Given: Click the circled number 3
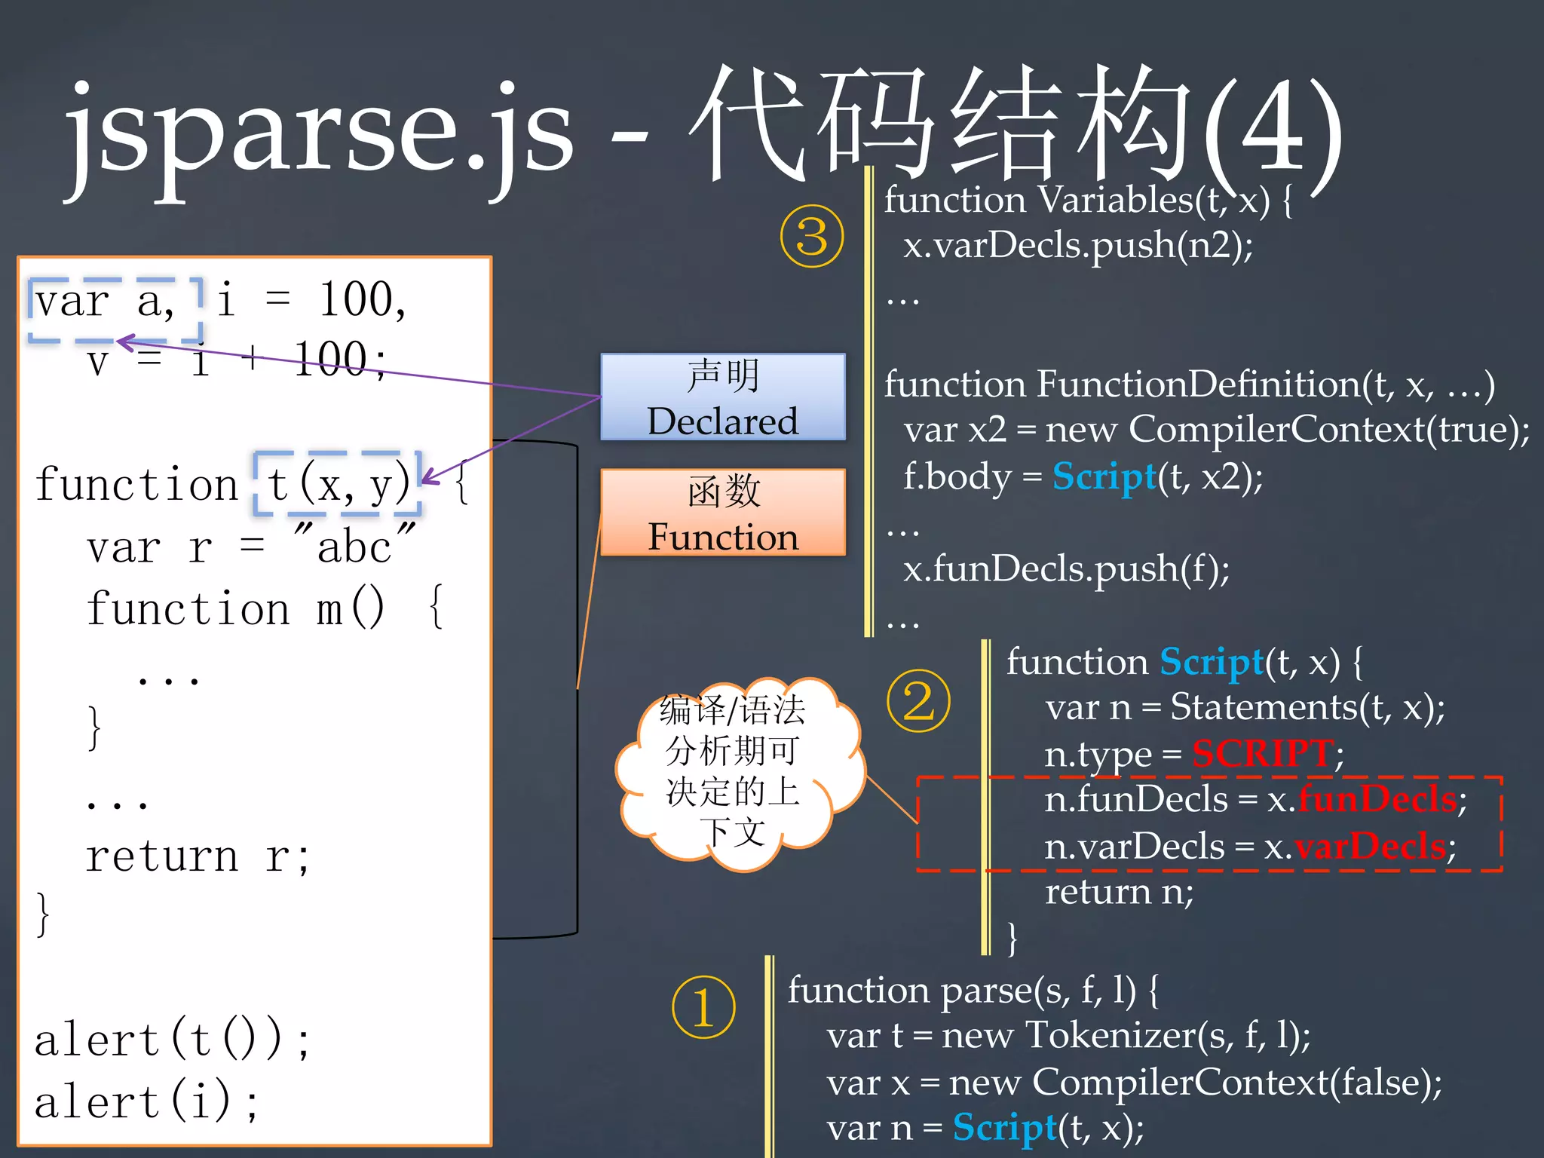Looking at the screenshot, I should coord(811,236).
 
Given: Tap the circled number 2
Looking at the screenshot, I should coord(918,700).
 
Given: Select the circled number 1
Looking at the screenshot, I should coord(703,1007).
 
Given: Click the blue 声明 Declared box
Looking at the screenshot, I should coord(722,397).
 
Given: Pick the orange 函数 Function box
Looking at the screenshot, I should coord(722,513).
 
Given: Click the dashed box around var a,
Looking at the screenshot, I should coord(115,310).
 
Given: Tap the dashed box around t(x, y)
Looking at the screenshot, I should coord(337,483).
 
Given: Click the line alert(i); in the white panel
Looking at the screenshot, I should coord(147,1101).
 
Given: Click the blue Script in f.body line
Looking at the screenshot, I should coord(1104,476).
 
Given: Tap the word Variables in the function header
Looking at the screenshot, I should coord(1114,201).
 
